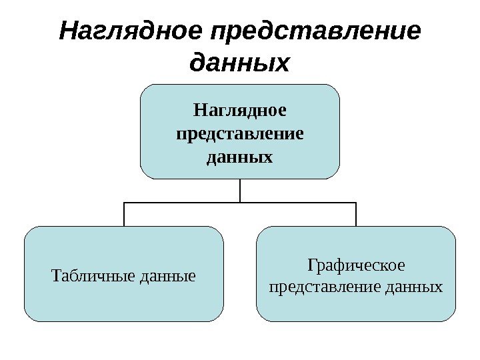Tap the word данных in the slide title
tap(240, 63)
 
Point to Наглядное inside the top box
tap(239, 109)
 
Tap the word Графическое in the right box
tap(356, 265)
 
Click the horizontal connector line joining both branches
tap(180, 203)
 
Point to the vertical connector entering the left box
tap(124, 215)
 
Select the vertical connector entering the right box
tap(356, 215)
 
